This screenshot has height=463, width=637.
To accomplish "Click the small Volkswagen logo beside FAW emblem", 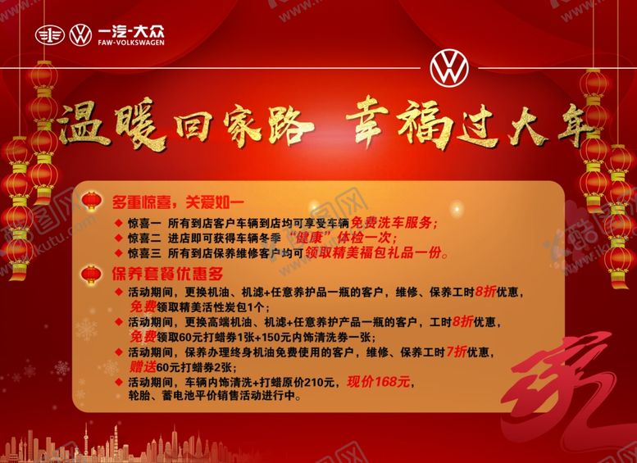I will pyautogui.click(x=80, y=35).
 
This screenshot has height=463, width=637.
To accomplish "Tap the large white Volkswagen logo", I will pyautogui.click(x=449, y=68).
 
